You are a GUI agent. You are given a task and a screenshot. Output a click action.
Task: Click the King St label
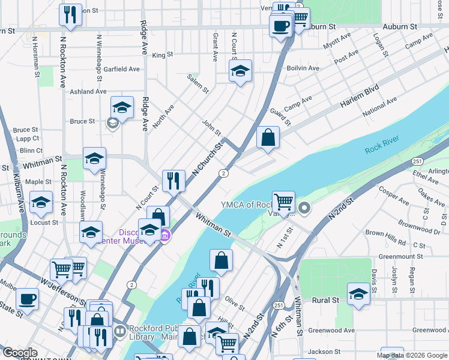pos(162,55)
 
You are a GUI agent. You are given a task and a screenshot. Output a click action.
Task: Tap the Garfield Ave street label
pos(121,69)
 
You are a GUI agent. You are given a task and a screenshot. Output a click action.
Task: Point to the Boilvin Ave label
pos(303,68)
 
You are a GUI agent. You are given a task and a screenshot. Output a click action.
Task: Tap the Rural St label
pos(326,299)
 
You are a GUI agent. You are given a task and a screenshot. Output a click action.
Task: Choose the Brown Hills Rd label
pos(385,238)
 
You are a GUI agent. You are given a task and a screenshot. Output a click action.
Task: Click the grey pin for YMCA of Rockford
pos(304,209)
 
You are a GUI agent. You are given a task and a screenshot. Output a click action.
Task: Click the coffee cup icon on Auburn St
pos(280,25)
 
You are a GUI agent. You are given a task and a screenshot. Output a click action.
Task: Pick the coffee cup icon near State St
pos(28,298)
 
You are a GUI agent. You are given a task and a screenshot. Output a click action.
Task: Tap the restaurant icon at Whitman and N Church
pos(173,180)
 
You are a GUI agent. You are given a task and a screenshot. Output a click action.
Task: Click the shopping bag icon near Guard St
pos(268,137)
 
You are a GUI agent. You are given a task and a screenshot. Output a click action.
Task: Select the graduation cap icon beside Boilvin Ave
pos(240,71)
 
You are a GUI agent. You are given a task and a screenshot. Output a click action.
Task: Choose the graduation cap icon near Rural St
pos(358,294)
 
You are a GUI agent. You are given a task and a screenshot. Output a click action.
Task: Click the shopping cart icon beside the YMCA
pos(283,201)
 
